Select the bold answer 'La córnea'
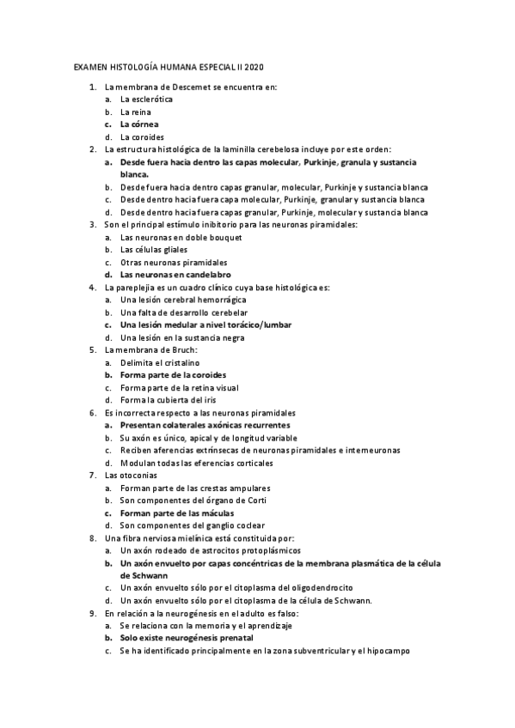[139, 124]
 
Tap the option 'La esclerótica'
[146, 100]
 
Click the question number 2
[93, 149]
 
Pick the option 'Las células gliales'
[154, 250]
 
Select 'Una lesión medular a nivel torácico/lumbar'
[205, 325]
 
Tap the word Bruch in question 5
[184, 350]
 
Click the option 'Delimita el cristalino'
[160, 363]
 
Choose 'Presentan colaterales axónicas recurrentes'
[205, 425]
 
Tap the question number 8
[93, 538]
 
